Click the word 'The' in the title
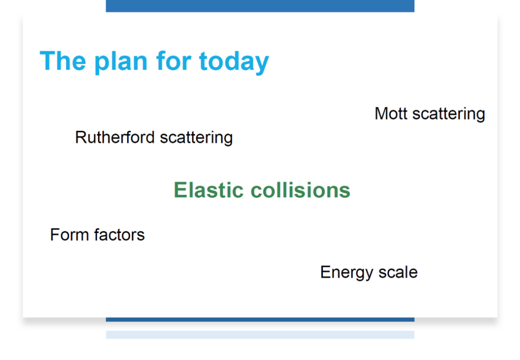pyautogui.click(x=63, y=60)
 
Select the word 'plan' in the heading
pyautogui.click(x=121, y=62)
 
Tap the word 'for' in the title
pyautogui.click(x=174, y=60)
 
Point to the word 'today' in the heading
pyautogui.click(x=234, y=62)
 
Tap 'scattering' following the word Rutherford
pyautogui.click(x=197, y=139)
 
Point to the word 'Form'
pyautogui.click(x=70, y=235)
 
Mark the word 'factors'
pyautogui.click(x=119, y=235)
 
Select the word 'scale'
pyautogui.click(x=398, y=272)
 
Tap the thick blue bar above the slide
pyautogui.click(x=260, y=6)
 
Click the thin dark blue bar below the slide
pyautogui.click(x=260, y=319)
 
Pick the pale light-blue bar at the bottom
pyautogui.click(x=260, y=335)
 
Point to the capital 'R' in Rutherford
pyautogui.click(x=81, y=137)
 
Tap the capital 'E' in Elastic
pyautogui.click(x=180, y=190)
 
